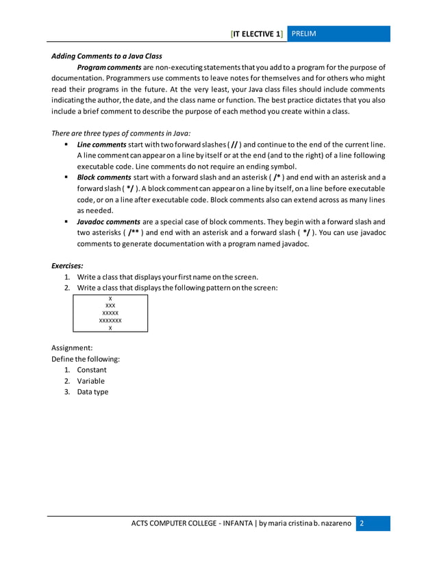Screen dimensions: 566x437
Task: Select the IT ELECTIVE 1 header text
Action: tap(258, 34)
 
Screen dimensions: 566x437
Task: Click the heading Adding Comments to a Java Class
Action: tap(107, 56)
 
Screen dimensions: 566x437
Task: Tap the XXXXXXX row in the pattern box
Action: tap(110, 320)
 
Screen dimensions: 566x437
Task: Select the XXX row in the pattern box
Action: tap(110, 306)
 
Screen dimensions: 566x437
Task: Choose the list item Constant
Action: tap(92, 370)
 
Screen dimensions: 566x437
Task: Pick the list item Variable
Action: tap(91, 381)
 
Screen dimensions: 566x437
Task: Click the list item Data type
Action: tap(92, 392)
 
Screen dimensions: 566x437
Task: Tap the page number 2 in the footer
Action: tap(362, 524)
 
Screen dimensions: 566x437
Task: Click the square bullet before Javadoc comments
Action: tap(66, 222)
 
